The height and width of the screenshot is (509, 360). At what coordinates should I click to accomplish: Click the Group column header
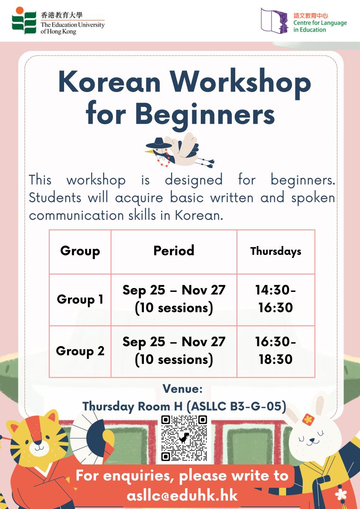point(80,251)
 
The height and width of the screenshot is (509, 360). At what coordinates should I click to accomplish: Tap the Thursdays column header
point(276,251)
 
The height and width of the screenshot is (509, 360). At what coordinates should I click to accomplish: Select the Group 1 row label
point(80,299)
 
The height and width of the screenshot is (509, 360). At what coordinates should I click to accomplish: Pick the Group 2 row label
point(80,351)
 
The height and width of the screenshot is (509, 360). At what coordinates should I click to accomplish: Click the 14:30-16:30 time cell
point(276,299)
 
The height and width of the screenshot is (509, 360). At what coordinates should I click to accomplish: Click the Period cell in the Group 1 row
point(174,299)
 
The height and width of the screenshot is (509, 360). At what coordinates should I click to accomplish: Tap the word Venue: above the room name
point(183,389)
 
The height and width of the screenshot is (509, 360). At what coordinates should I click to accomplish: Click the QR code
point(184,438)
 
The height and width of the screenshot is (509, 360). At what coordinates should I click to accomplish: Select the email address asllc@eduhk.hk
point(182,495)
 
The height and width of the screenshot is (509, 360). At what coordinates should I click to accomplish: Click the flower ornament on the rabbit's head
point(308,420)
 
